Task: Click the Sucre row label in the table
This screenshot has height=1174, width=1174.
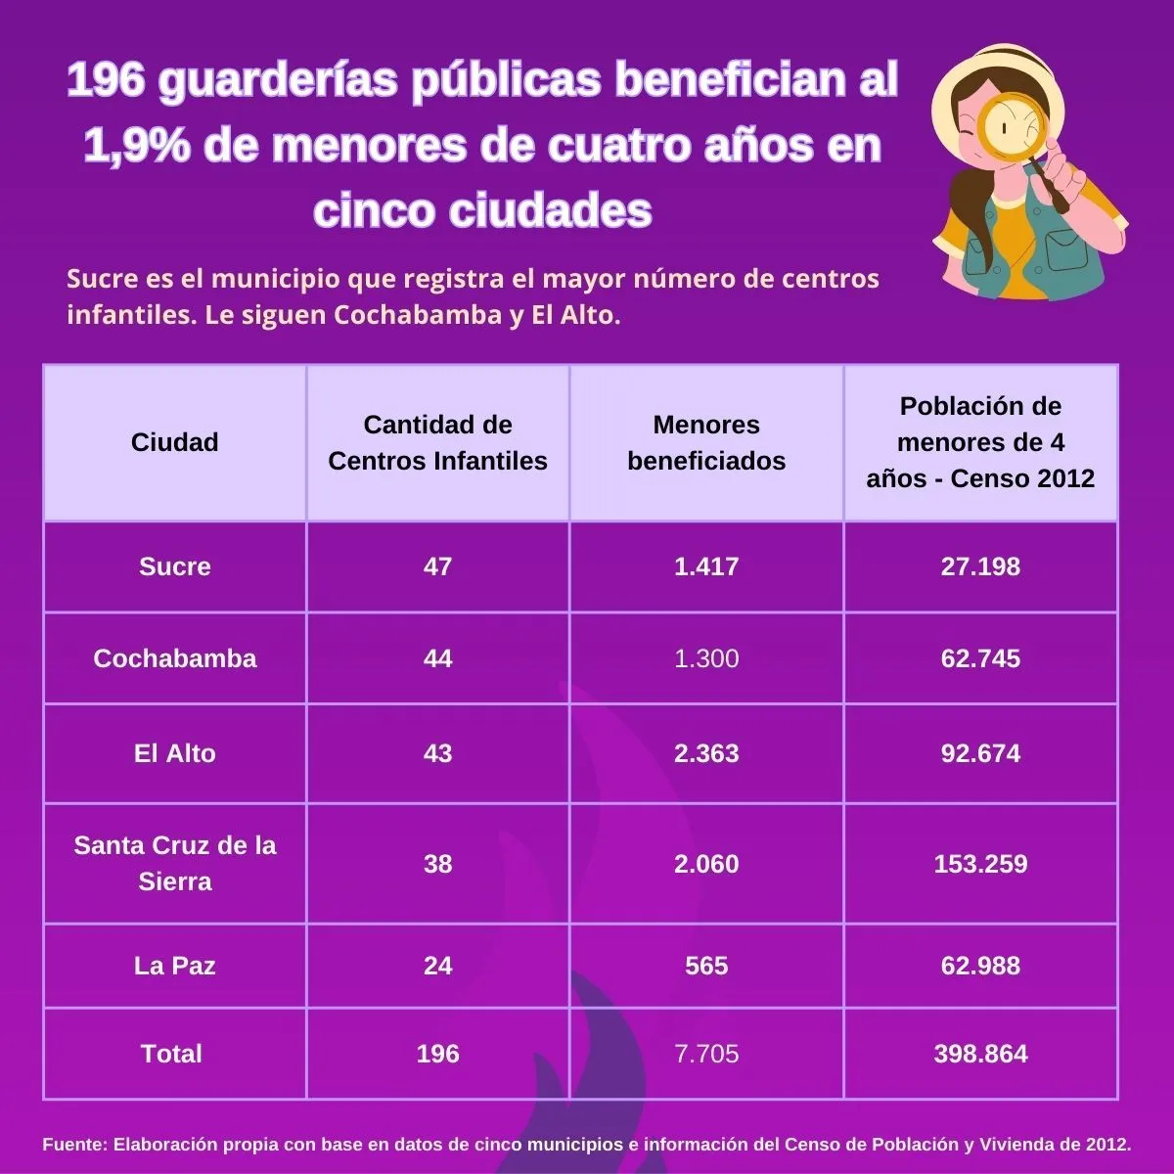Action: tap(174, 566)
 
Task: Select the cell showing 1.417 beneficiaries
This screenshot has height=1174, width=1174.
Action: tap(705, 566)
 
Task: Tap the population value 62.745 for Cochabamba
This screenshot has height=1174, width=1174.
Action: tap(980, 658)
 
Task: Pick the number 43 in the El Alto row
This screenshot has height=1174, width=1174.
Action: tap(437, 753)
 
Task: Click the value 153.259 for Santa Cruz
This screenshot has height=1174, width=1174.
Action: tap(980, 864)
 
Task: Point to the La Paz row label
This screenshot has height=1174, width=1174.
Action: tap(174, 966)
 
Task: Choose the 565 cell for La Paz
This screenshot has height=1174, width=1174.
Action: tap(705, 966)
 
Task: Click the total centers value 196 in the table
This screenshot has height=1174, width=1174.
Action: tap(437, 1054)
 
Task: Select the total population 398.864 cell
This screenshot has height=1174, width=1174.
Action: tap(980, 1054)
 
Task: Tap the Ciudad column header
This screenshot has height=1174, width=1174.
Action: tap(174, 442)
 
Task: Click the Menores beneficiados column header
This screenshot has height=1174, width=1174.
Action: tap(705, 442)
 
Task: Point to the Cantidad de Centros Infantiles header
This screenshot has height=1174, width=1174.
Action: tap(437, 442)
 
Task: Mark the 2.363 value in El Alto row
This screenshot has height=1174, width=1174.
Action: tap(705, 753)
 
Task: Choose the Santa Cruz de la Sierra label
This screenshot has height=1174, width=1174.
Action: tap(174, 863)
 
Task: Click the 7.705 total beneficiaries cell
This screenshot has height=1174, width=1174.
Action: tap(705, 1054)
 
